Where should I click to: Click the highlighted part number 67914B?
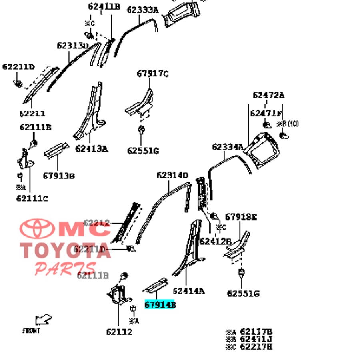tap(160, 305)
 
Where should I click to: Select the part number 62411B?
tap(104, 6)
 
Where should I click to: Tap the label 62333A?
tap(143, 10)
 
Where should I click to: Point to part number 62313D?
tap(72, 46)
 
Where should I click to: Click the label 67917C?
tap(152, 74)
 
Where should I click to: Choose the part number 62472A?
tap(268, 95)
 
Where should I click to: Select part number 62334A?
tap(227, 147)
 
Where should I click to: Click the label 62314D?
tap(172, 175)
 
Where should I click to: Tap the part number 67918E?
tap(240, 217)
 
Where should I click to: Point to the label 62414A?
tap(188, 291)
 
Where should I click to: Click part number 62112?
tap(119, 332)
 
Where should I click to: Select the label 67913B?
tap(59, 176)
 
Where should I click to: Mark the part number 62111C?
tap(32, 198)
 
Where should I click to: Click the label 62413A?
tap(91, 149)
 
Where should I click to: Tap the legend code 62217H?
tap(256, 346)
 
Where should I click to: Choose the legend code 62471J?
tap(256, 339)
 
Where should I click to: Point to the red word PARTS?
tap(65, 268)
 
